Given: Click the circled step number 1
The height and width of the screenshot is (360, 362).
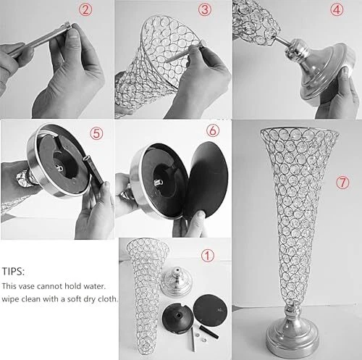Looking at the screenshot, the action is tap(208, 256).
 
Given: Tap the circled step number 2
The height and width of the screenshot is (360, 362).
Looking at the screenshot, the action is tap(85, 10).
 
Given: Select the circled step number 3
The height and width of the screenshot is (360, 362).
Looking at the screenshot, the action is tap(205, 10).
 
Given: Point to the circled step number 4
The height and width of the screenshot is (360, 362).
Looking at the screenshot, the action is tap(337, 10).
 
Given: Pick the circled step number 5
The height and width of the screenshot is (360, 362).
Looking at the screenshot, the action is tap(96, 133).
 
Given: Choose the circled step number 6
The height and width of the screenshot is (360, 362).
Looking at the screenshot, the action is tap(213, 131).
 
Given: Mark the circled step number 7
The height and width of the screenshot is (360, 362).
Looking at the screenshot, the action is tap(342, 183).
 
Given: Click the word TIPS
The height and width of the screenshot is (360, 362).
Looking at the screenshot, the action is tap(13, 272).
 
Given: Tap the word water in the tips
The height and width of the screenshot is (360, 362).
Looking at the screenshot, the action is tap(94, 286).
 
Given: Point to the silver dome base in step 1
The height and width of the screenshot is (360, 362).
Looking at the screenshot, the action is tap(176, 281).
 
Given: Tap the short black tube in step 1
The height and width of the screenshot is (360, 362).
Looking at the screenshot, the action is tap(209, 332).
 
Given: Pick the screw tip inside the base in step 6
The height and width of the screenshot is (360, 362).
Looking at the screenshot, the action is tap(158, 183).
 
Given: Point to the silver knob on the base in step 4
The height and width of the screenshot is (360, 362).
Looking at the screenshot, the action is tap(297, 49).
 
